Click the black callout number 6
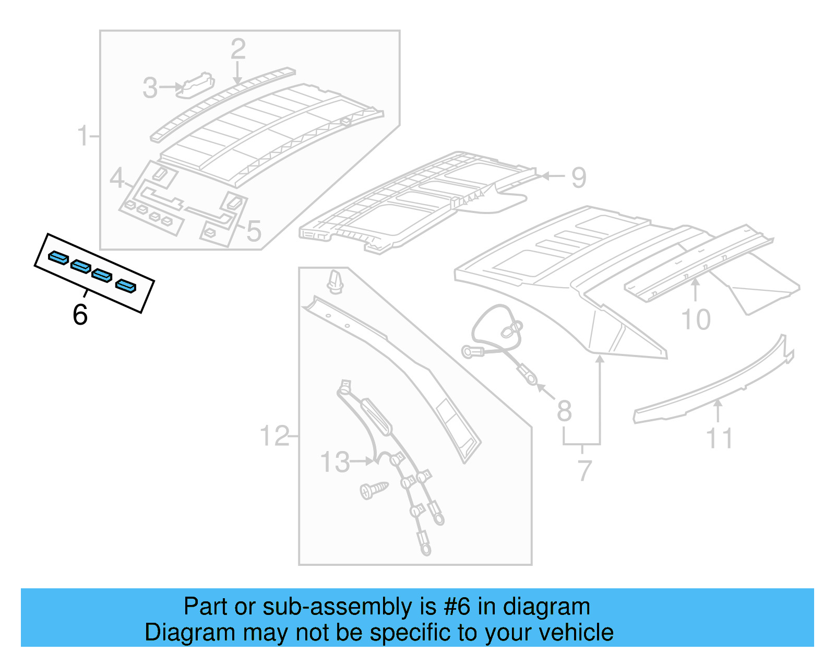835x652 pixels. click(x=80, y=315)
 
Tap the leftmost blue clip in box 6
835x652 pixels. click(x=58, y=257)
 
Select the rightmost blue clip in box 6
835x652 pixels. click(x=126, y=286)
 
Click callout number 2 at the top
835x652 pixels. click(x=238, y=50)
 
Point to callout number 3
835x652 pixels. click(x=150, y=88)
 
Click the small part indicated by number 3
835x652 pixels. click(x=196, y=85)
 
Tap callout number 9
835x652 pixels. click(x=579, y=178)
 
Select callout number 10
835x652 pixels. click(x=696, y=319)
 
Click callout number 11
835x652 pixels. click(x=719, y=438)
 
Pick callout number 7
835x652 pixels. click(x=584, y=470)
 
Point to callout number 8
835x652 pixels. click(x=564, y=411)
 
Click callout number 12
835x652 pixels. click(x=275, y=436)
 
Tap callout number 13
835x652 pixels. click(x=335, y=463)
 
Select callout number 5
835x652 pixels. click(x=254, y=231)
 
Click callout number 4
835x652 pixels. click(x=117, y=179)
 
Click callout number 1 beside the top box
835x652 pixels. click(x=83, y=136)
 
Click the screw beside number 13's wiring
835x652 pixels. click(x=374, y=490)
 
